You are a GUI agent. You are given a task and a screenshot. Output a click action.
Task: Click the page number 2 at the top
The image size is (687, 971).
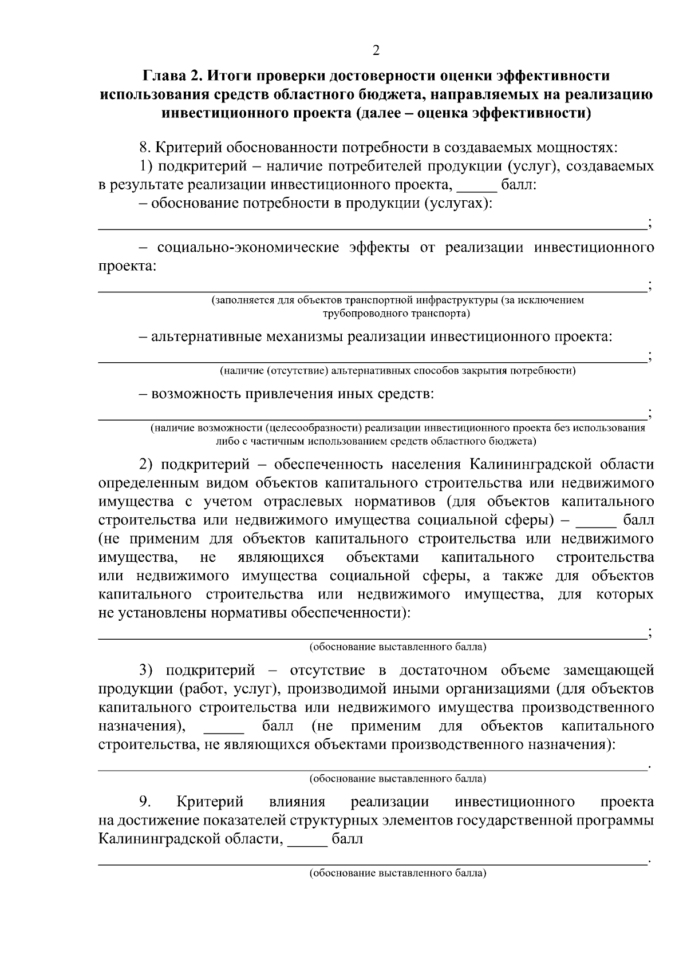click(376, 51)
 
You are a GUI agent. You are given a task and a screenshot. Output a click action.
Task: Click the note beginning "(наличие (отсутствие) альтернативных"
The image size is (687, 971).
click(398, 371)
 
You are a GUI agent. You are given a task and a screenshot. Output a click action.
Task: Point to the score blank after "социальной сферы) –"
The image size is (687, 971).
click(596, 521)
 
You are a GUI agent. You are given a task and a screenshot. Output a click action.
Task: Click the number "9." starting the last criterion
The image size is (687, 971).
click(144, 802)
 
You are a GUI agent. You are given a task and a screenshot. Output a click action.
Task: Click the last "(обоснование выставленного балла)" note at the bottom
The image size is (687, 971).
click(398, 874)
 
